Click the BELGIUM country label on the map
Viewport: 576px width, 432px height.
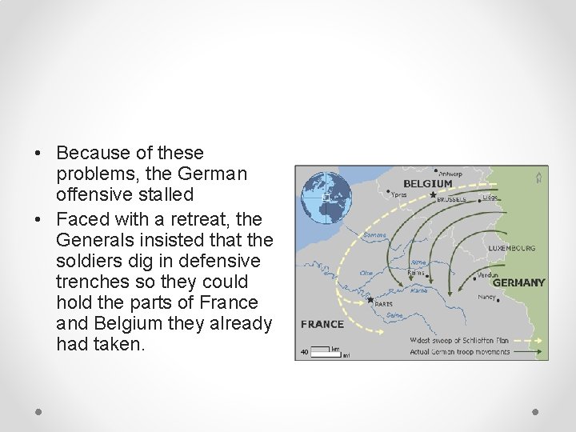(x=428, y=184)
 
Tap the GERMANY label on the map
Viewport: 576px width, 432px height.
(x=518, y=282)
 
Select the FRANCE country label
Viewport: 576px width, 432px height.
(x=322, y=324)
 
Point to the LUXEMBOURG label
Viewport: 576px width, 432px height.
(x=512, y=248)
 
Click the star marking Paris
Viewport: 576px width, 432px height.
(x=370, y=300)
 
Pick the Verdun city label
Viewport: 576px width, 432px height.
(x=487, y=275)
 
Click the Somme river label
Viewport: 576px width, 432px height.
(x=374, y=235)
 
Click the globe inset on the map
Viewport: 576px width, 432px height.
(x=326, y=198)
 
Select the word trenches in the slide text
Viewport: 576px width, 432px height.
(x=86, y=282)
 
